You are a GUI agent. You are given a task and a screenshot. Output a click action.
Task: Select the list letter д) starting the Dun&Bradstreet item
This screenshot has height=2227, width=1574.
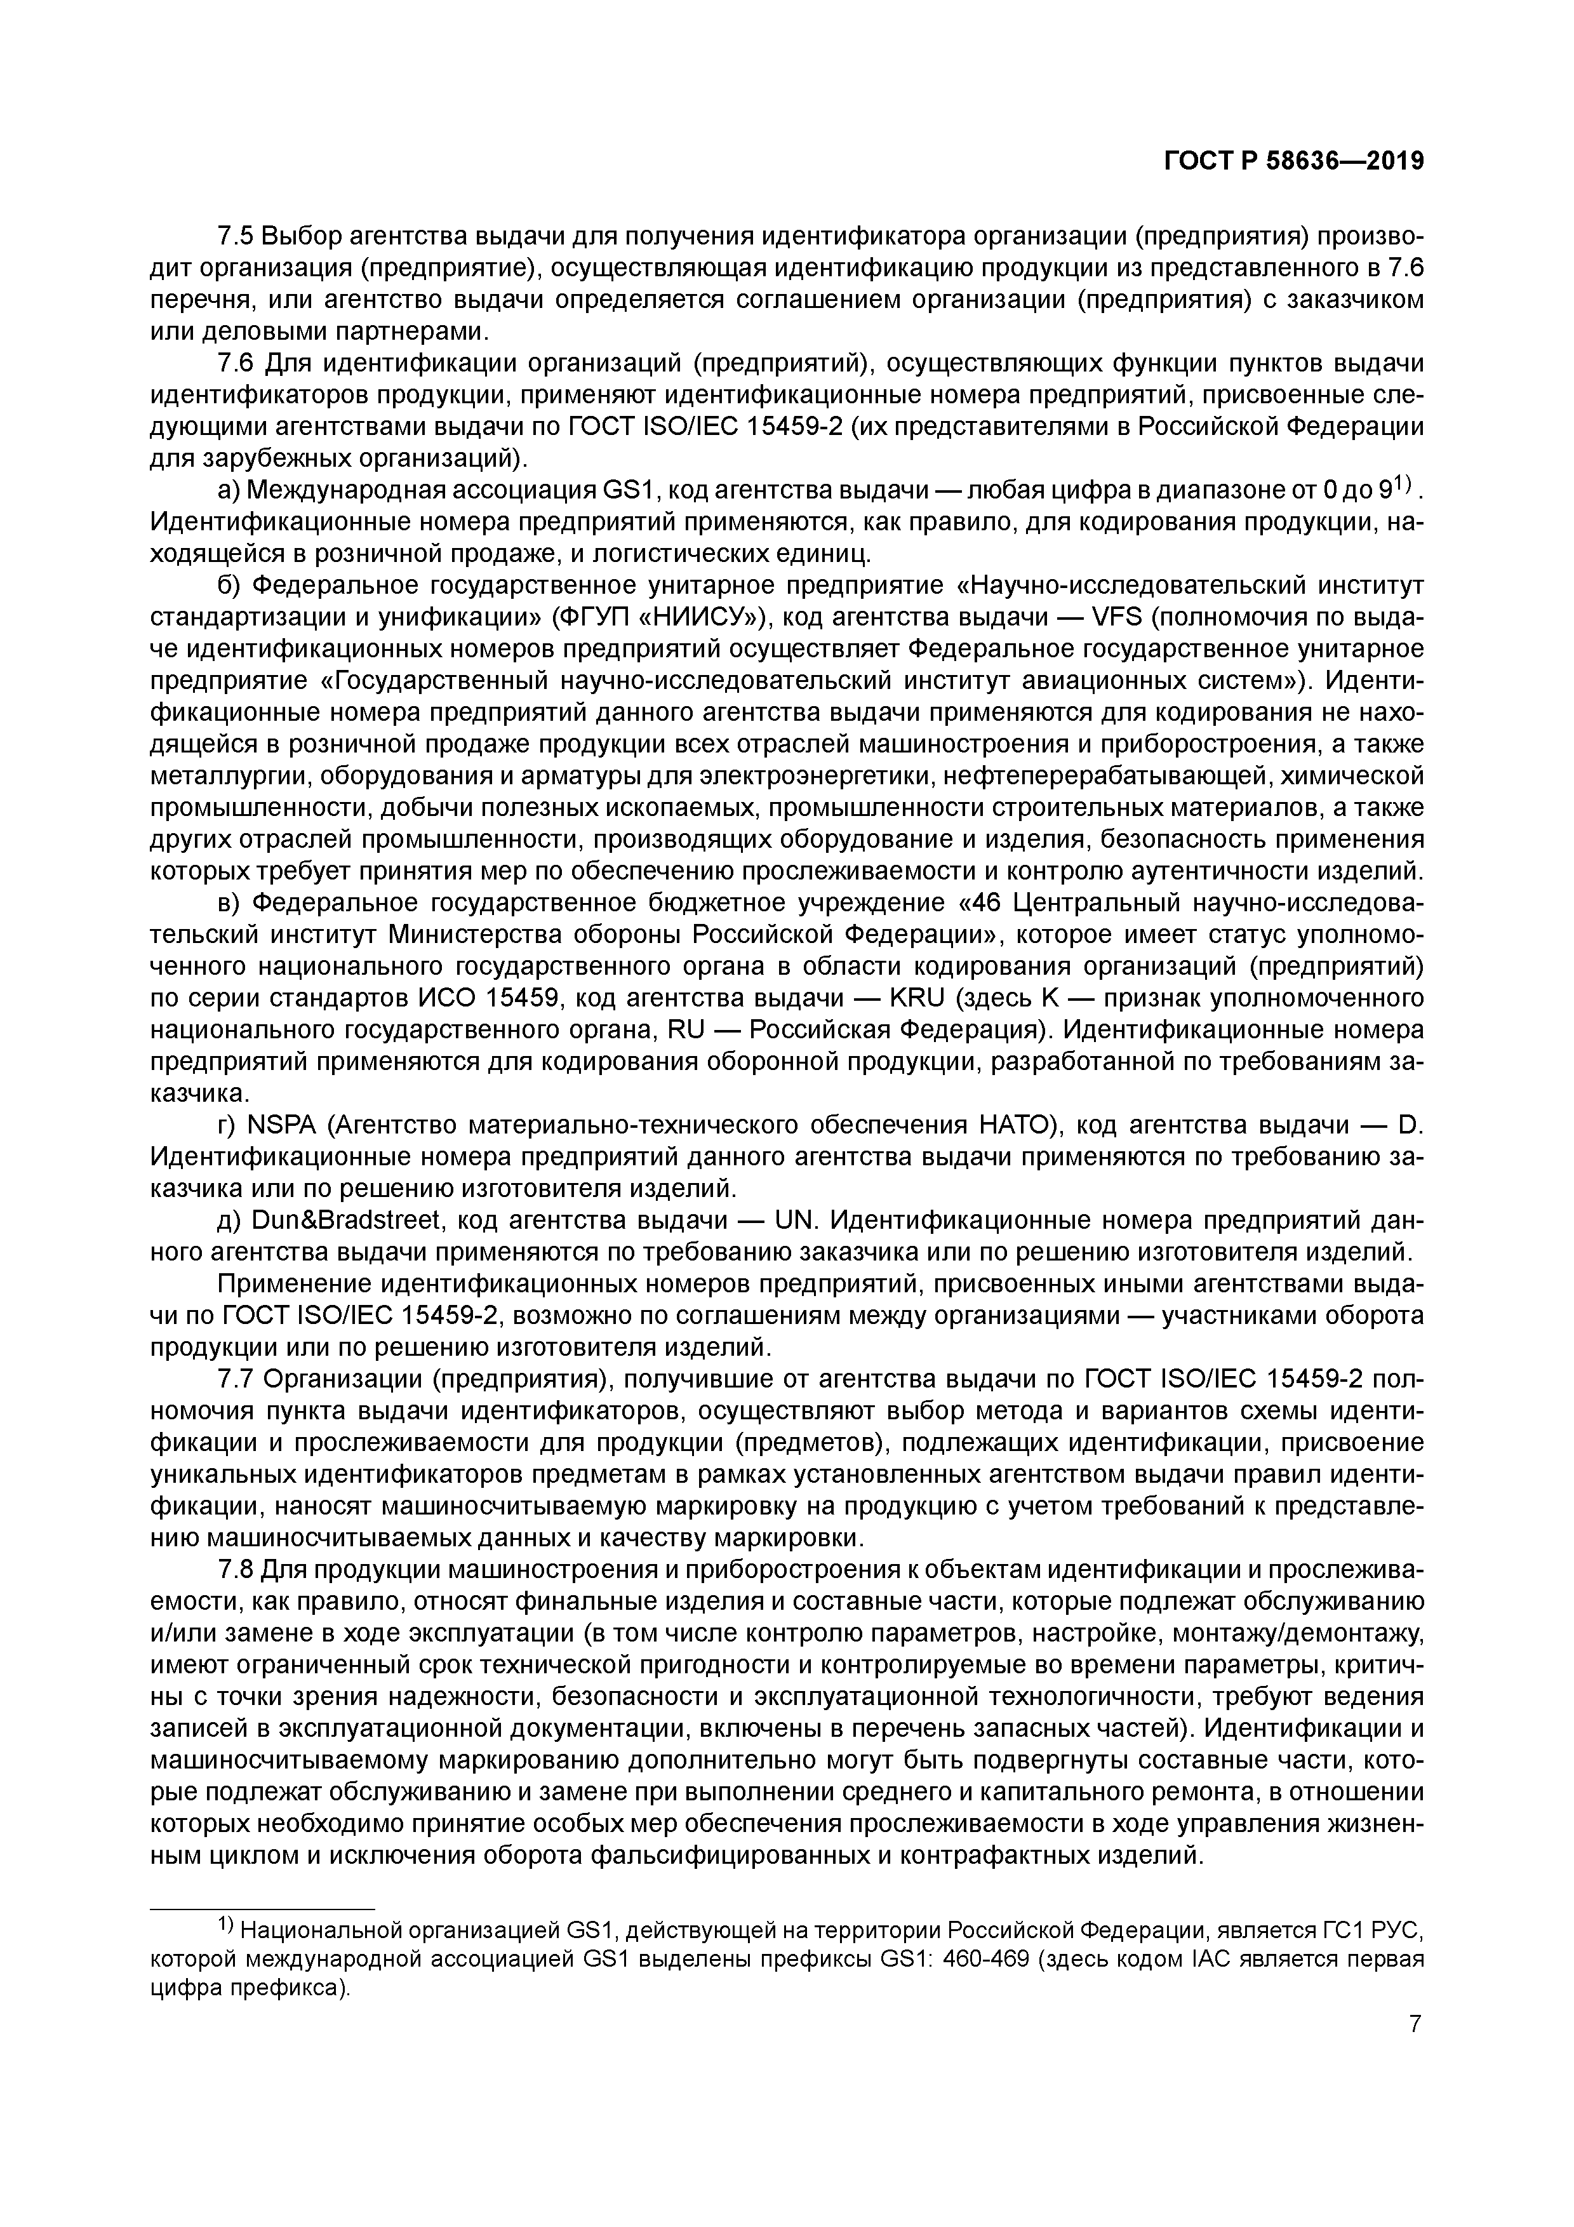point(229,1221)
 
